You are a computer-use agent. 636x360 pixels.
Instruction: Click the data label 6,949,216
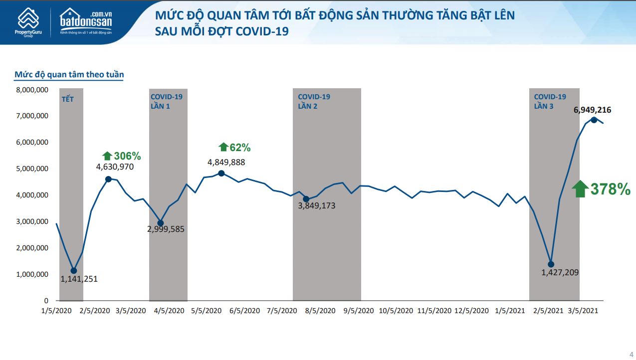point(592,110)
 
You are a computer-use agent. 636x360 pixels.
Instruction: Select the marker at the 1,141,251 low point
point(74,271)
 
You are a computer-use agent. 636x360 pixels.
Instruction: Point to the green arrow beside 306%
point(107,156)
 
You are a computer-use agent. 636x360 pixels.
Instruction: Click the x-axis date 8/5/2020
point(320,311)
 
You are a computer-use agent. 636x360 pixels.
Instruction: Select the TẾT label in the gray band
point(67,99)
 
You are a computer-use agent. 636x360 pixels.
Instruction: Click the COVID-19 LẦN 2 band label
point(314,101)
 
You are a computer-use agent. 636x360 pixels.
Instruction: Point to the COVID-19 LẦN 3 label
point(550,101)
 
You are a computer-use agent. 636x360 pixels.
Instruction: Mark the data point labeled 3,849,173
point(306,199)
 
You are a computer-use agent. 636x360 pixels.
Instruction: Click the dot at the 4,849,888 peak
point(221,173)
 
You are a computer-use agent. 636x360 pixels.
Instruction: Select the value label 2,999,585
point(166,230)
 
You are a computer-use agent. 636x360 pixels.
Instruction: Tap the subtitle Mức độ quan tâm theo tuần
point(69,75)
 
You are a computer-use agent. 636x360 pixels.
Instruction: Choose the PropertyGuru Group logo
point(28,22)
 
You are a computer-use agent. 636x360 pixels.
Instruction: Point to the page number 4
point(631,354)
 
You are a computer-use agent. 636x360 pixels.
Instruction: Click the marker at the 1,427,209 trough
point(551,264)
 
